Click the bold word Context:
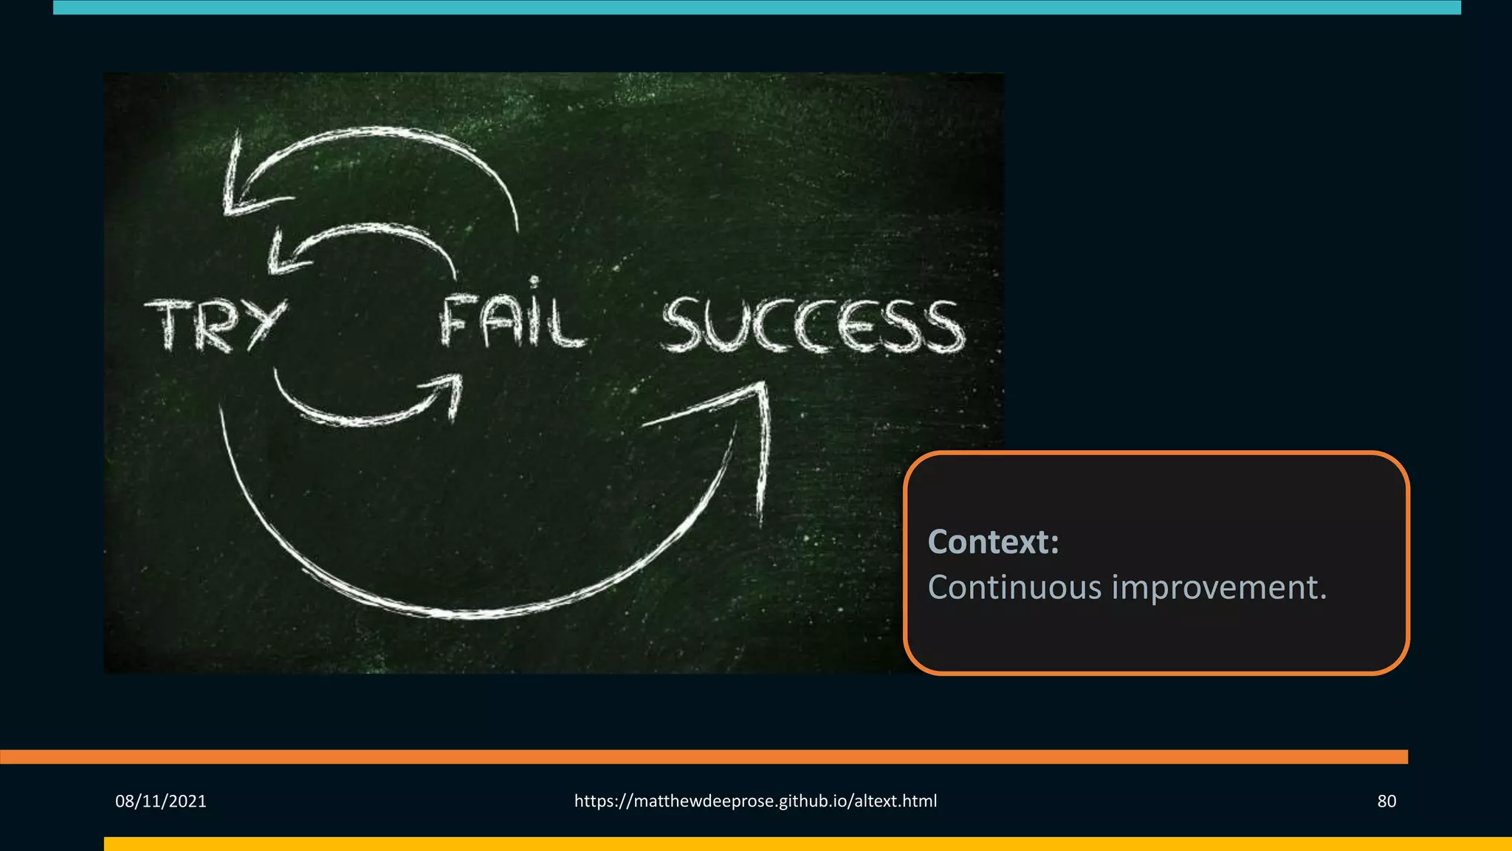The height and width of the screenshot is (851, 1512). coord(993,541)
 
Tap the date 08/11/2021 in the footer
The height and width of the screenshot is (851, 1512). coord(161,801)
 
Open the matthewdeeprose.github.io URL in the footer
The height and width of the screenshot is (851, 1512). coord(755,801)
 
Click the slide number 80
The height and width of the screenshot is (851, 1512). coord(1386,801)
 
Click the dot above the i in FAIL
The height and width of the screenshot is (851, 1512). coord(534,281)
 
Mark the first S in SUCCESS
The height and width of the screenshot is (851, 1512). coord(684,325)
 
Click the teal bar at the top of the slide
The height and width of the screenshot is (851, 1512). coord(757,7)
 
